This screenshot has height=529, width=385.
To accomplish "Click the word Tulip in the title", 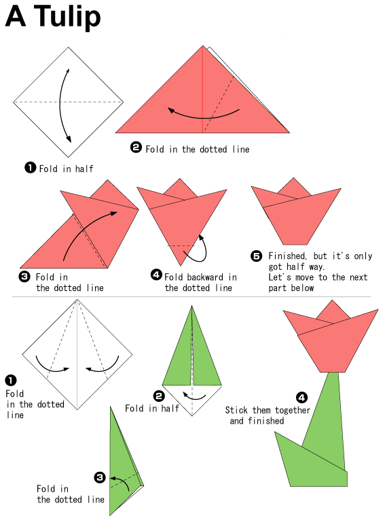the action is coord(67,17).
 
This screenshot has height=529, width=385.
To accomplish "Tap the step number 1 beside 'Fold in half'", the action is coord(31,167).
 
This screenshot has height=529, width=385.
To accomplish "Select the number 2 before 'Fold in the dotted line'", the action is coord(136,148).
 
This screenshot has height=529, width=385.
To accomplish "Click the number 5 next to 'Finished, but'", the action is coord(257,256).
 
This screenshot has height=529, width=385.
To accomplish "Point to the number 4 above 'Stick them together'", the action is coord(301,397).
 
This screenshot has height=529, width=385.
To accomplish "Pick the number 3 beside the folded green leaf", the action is coord(100,477).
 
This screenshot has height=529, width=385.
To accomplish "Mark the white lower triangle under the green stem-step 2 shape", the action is coord(192,398).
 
